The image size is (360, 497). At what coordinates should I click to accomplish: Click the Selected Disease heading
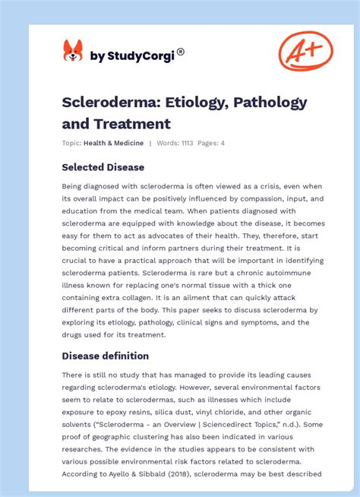coord(103,167)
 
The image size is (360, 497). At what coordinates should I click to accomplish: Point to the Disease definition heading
coord(106,356)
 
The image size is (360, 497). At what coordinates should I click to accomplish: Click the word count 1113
coord(186,143)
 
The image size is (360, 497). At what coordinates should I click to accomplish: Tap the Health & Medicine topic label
coord(114,143)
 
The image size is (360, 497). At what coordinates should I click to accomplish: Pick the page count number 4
coord(223,143)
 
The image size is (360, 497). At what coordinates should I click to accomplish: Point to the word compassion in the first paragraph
coord(245,199)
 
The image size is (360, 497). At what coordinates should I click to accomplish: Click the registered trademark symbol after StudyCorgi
coord(181,52)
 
